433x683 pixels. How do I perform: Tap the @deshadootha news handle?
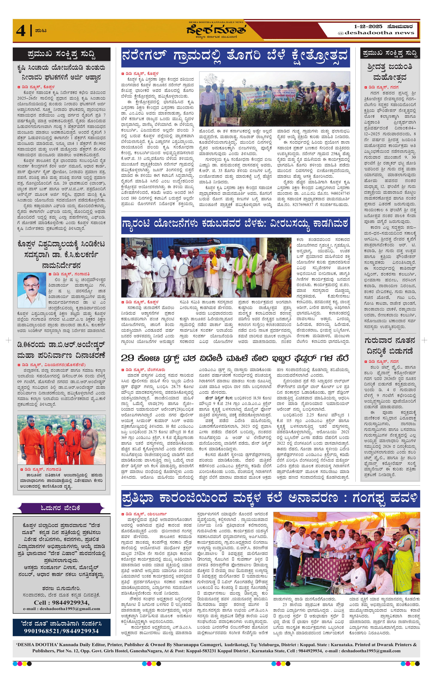coord(376,33)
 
